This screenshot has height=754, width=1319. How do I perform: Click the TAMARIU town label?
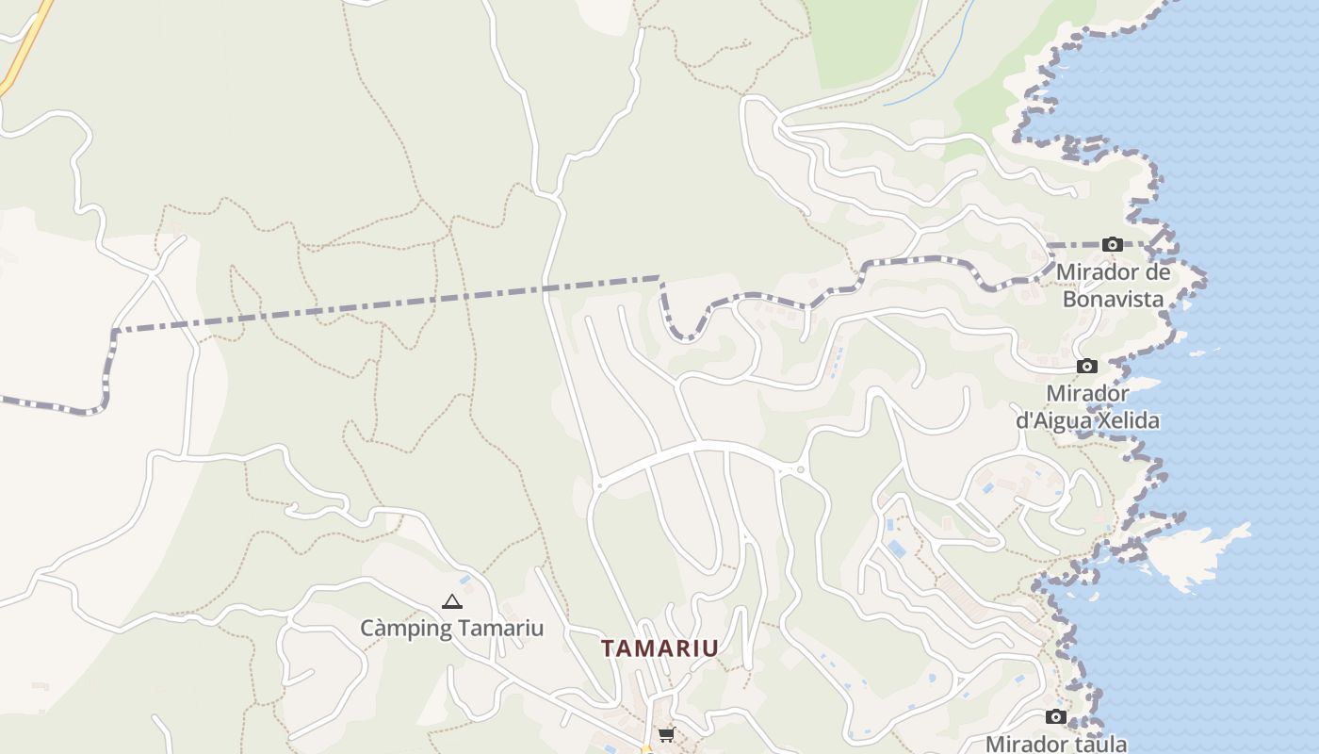click(x=659, y=648)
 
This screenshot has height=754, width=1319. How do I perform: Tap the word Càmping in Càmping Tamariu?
click(x=402, y=628)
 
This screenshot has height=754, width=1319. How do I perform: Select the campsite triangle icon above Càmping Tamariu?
click(x=452, y=601)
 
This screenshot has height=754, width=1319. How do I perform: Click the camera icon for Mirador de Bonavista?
click(x=1112, y=245)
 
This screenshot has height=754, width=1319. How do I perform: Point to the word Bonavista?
click(x=1113, y=299)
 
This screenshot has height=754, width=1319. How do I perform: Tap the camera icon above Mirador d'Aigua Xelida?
click(x=1087, y=366)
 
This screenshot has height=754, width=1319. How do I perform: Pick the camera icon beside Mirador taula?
click(x=1055, y=717)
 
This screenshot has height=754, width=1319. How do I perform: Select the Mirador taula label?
click(x=1056, y=744)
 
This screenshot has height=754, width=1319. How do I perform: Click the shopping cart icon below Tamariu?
click(x=666, y=734)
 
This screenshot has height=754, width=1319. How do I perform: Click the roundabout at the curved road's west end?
click(x=598, y=486)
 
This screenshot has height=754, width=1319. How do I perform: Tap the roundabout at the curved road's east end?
click(x=801, y=468)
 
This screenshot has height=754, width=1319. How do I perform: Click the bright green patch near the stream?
click(x=862, y=38)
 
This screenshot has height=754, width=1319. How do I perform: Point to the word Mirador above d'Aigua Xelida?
click(x=1087, y=393)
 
